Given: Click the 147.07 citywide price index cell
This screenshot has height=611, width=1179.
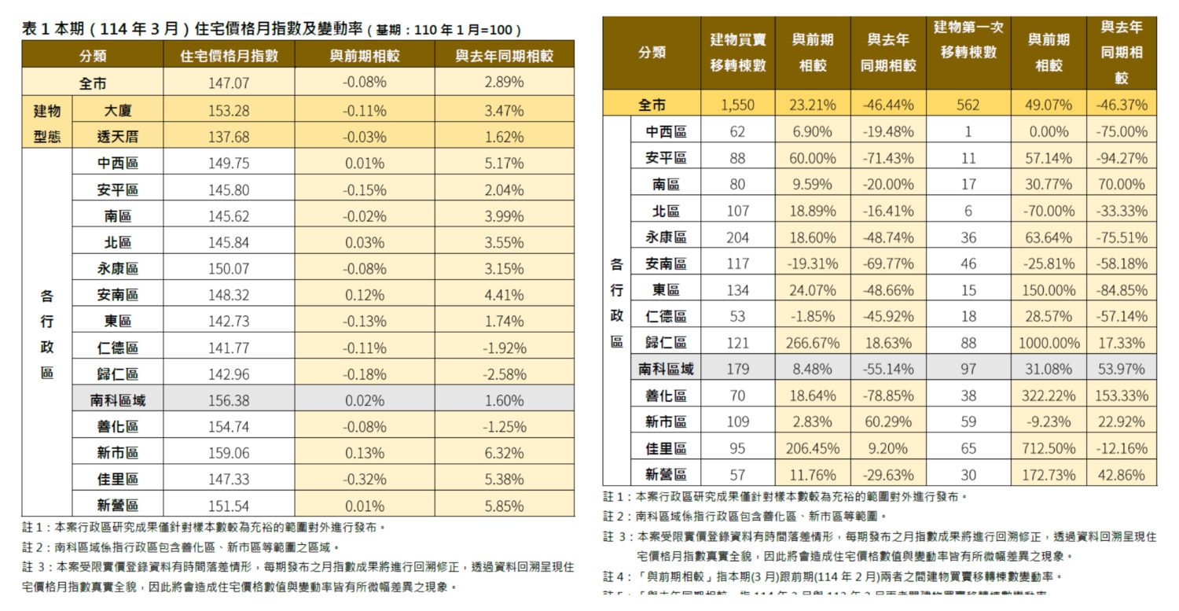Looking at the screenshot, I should [229, 83].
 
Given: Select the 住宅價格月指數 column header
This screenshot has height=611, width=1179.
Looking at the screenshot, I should [229, 56].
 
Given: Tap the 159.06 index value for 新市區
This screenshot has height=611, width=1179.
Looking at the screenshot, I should [229, 453].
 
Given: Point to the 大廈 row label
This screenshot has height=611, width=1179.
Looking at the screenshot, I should [117, 110].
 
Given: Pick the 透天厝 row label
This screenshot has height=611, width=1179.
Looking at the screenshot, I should [117, 137].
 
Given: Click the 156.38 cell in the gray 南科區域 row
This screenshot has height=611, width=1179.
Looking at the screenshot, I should [229, 400].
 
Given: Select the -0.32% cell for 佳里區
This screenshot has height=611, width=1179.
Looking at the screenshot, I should [364, 479].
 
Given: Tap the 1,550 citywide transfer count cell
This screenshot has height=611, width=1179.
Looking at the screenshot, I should [737, 105].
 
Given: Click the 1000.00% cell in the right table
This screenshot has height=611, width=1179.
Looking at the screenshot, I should [1049, 342].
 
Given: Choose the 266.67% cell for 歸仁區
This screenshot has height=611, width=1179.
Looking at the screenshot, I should [813, 342].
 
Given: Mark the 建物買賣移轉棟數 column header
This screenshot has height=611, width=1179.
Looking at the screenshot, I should [737, 53].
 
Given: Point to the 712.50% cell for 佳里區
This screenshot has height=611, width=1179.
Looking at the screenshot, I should [1049, 448].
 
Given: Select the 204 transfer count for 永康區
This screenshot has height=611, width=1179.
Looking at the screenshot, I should [737, 237].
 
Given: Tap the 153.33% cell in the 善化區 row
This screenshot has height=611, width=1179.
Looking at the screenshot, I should [1122, 396].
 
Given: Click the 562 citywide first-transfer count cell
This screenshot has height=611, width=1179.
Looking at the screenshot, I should [968, 105].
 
